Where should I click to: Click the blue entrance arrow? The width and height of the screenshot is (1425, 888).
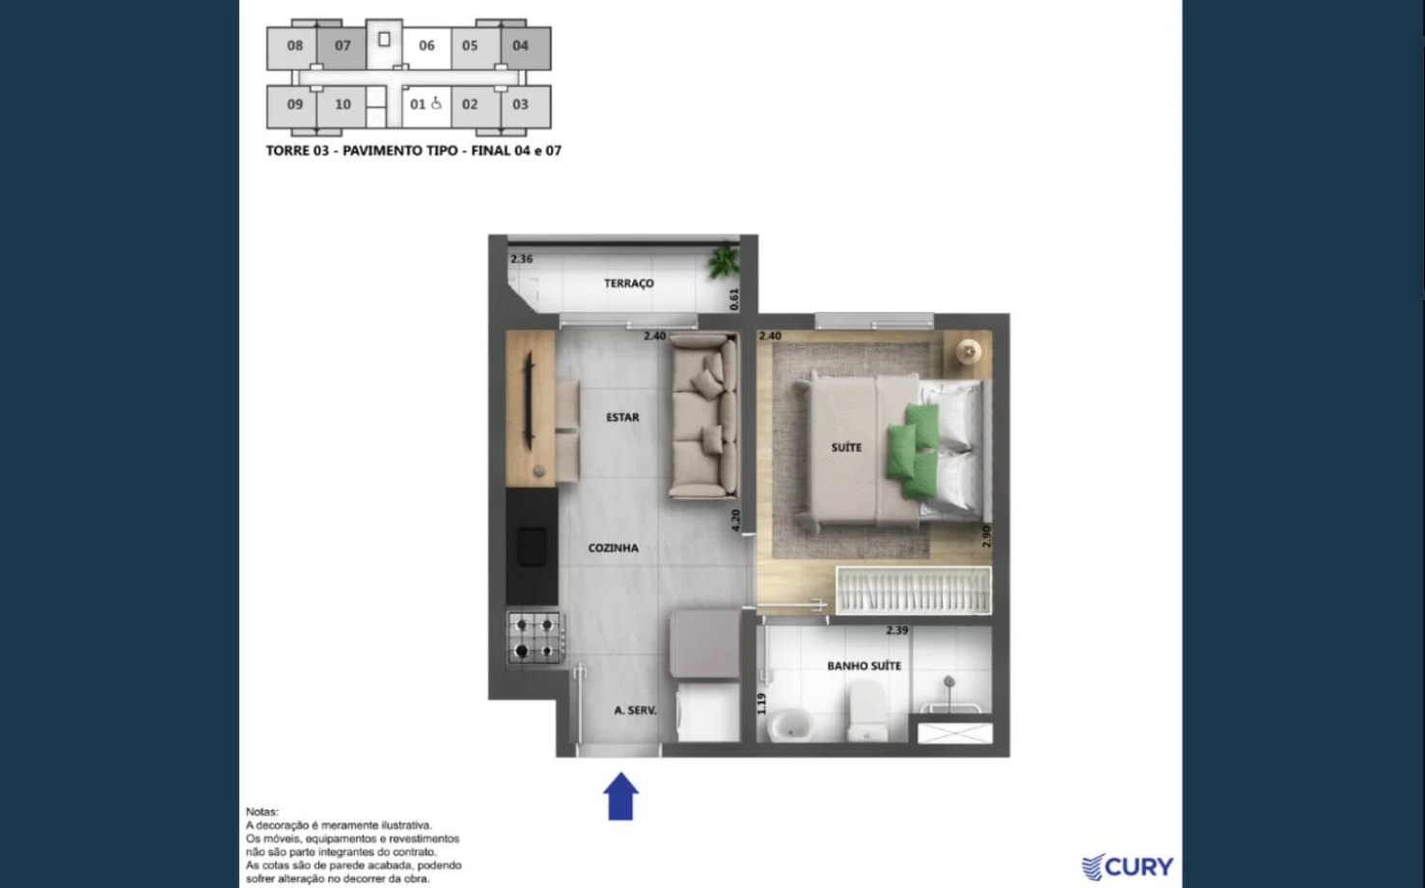(620, 796)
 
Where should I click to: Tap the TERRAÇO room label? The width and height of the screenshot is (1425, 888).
(628, 283)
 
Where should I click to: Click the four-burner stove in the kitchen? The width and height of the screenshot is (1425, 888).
(535, 638)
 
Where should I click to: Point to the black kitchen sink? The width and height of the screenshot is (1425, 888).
(532, 547)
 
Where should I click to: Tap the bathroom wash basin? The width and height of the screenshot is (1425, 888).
(791, 725)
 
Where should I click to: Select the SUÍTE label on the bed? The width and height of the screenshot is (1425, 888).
(846, 448)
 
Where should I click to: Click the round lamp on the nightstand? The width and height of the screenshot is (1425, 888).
(969, 351)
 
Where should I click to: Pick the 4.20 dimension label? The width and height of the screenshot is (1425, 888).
(736, 520)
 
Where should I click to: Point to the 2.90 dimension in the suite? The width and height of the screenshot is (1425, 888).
(986, 536)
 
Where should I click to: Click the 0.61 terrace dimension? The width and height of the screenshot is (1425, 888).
(734, 299)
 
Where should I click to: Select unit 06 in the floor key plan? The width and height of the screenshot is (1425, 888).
(426, 45)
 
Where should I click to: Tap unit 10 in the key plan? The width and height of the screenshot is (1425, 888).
(343, 104)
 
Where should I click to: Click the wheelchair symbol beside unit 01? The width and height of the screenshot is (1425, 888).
(436, 103)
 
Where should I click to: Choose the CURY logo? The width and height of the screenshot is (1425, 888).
(1127, 867)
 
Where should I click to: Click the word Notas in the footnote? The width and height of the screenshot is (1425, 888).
(262, 812)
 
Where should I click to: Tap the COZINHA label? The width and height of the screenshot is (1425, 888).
(614, 547)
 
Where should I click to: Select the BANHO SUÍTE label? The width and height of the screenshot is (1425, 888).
(863, 666)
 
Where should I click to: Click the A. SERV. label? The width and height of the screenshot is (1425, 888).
(635, 710)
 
